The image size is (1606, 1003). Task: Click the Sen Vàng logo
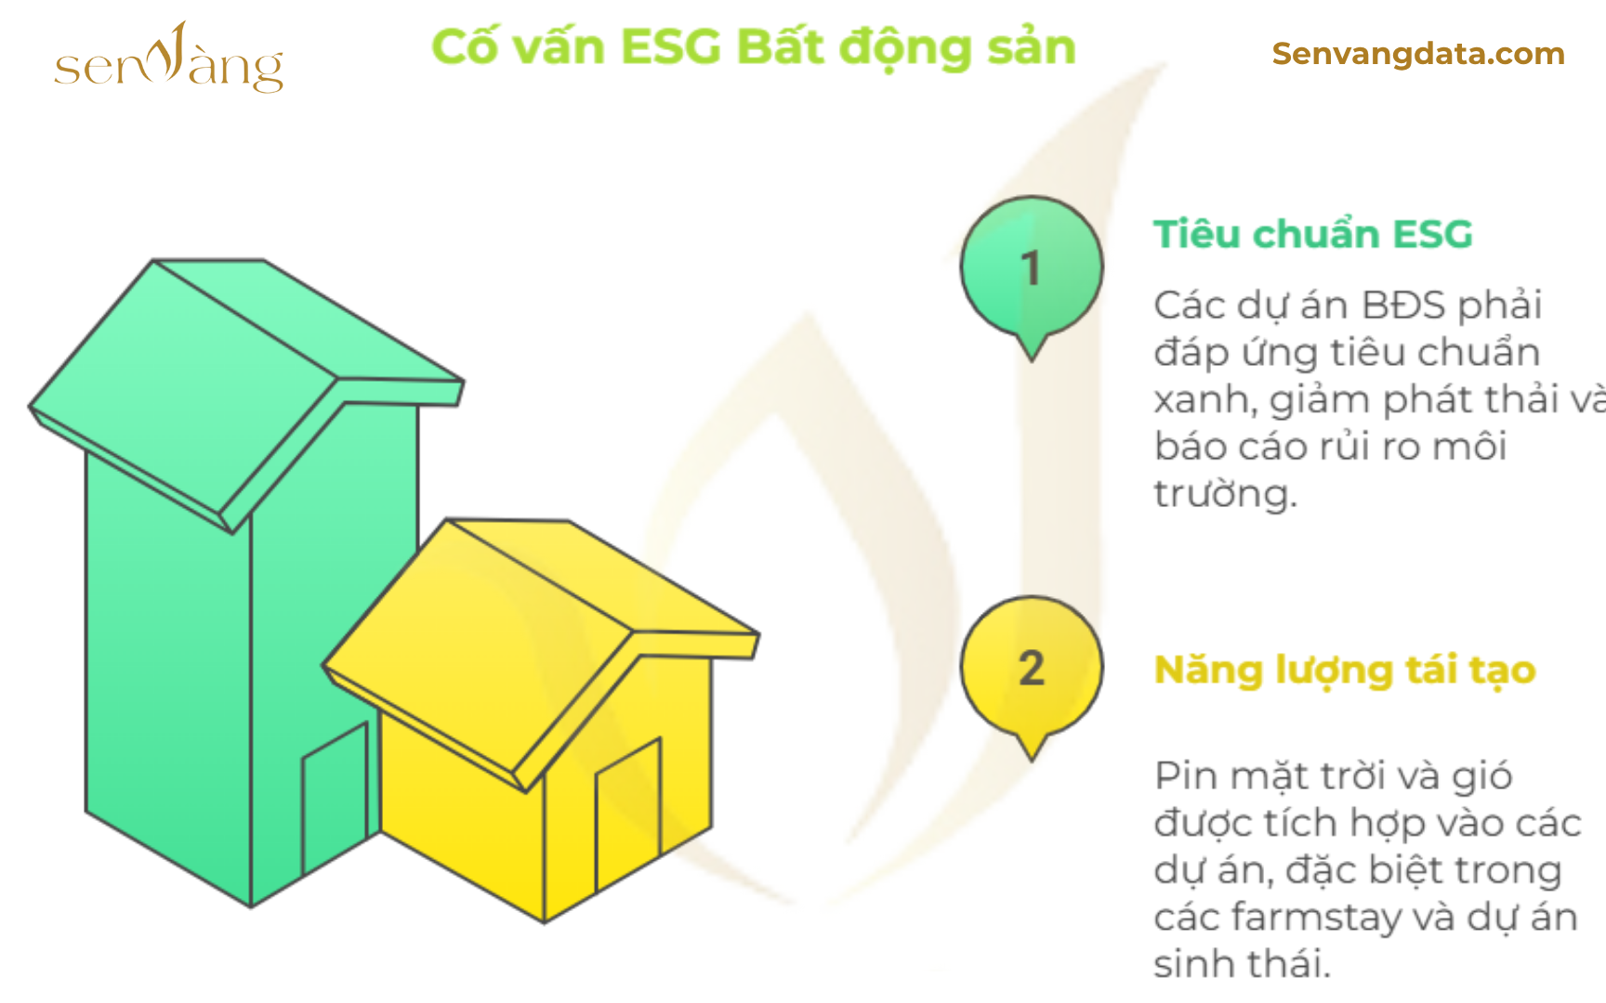(169, 59)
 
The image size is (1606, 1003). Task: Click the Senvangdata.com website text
(1418, 54)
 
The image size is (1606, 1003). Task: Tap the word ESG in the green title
(670, 46)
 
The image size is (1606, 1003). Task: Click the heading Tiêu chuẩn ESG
(1313, 233)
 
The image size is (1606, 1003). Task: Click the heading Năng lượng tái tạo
(1344, 671)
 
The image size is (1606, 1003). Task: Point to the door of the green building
(336, 798)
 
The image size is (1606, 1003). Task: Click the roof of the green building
(246, 390)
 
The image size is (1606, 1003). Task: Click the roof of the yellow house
(541, 650)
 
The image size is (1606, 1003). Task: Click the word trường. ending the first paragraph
(1225, 492)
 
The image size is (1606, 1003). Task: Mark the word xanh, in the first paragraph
(1205, 399)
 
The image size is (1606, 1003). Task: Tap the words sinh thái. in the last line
(1242, 963)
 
